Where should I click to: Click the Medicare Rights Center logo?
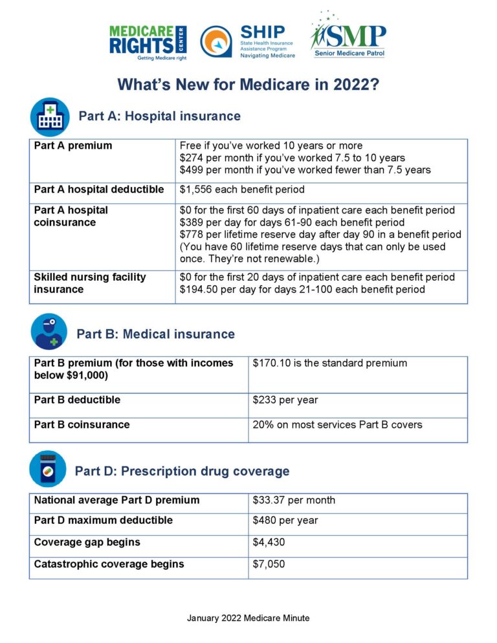148,43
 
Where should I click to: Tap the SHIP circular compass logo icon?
216,42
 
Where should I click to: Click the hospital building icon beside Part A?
50,116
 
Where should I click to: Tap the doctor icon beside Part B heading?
49,332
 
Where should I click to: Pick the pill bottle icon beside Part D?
48,469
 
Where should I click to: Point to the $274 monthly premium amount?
192,158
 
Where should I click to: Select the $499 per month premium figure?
192,170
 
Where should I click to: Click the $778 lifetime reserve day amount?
192,235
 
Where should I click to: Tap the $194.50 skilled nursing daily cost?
197,289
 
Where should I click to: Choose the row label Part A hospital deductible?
98,190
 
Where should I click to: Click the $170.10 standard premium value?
271,363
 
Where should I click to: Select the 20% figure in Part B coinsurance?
262,425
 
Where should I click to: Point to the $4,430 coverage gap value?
269,542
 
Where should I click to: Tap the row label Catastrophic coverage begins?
109,564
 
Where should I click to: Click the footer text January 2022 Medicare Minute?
248,618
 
